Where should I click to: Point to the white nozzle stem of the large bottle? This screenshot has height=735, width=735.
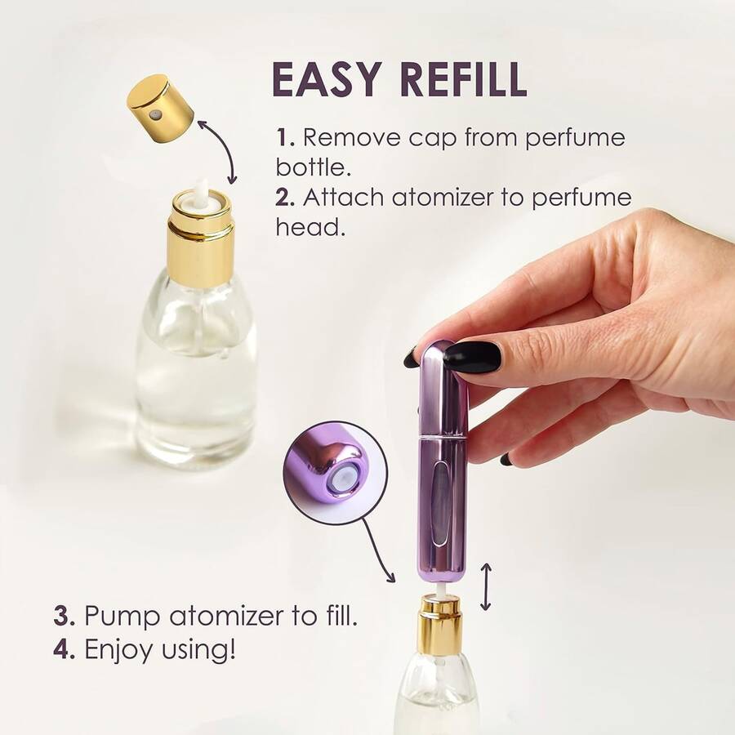tap(199, 189)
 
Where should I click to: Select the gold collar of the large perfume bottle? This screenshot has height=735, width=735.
tap(202, 237)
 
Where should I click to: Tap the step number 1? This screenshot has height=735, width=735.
tap(284, 138)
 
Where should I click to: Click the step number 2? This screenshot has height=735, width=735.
tap(285, 198)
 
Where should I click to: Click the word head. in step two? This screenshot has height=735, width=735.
tap(310, 227)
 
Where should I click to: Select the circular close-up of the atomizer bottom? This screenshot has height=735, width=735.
tap(336, 470)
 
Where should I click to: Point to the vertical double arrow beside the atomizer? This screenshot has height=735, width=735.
tap(486, 587)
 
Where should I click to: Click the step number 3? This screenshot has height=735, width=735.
tap(65, 616)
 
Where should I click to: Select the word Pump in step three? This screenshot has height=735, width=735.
tap(122, 617)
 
